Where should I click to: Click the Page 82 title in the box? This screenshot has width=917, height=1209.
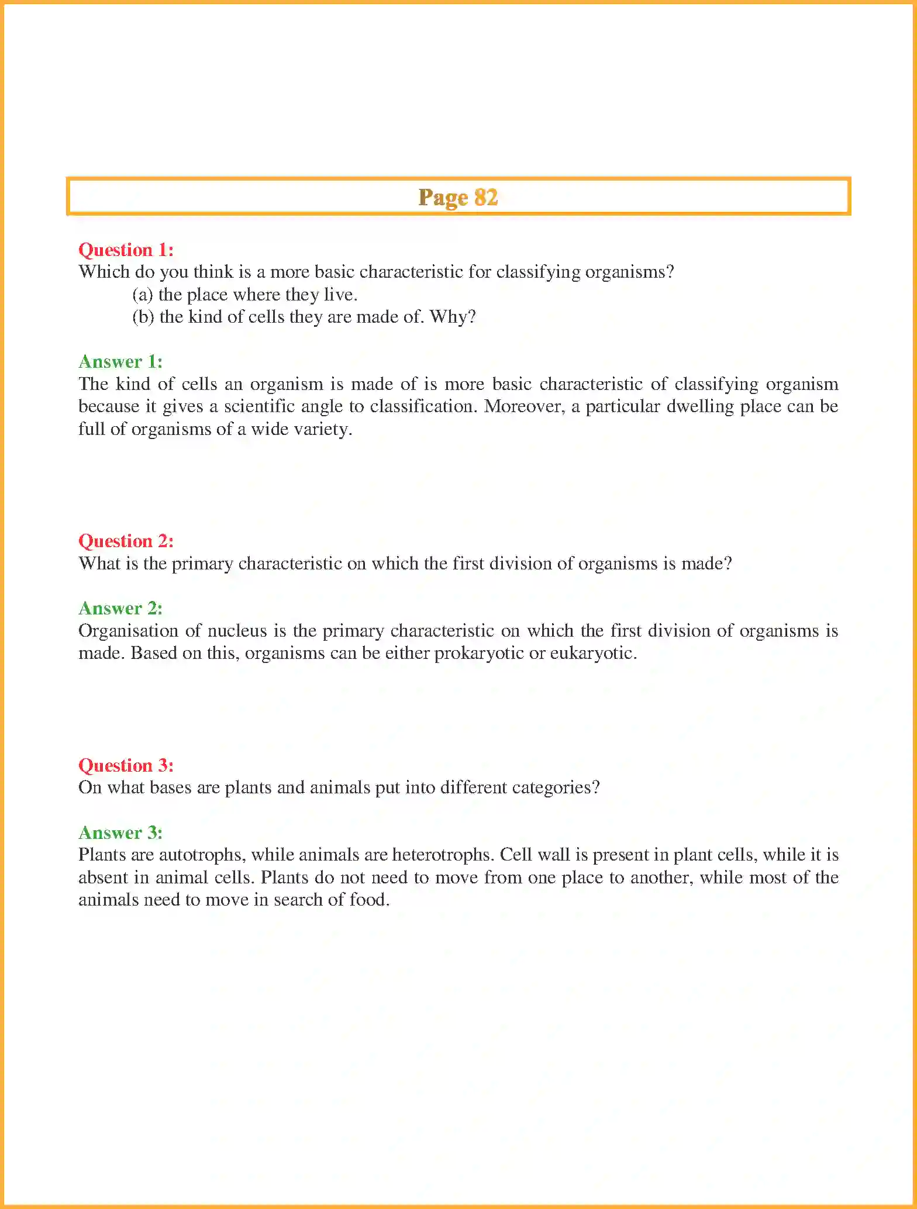point(458,198)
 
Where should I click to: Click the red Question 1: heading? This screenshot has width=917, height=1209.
point(126,250)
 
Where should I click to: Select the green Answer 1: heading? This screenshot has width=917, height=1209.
point(120,362)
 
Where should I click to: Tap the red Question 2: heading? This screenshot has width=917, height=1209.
point(126,541)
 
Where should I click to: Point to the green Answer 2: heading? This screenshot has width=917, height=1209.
point(120,609)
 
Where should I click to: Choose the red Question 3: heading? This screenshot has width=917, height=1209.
point(126,766)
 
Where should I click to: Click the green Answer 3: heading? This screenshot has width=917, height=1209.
point(120,833)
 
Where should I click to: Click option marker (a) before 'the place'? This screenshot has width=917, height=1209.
point(142,295)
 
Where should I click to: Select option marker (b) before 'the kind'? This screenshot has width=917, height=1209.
point(143,317)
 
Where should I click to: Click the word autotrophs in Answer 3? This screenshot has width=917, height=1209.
point(205,855)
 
